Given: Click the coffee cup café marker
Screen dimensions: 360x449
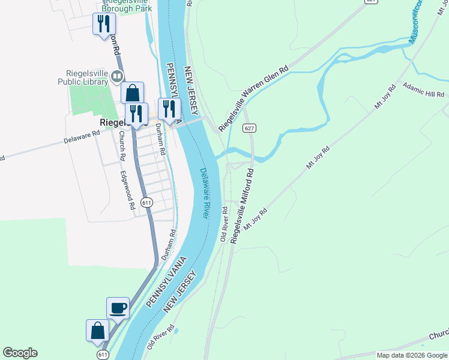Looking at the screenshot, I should pyautogui.click(x=118, y=308).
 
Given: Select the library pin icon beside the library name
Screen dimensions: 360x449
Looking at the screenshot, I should pyautogui.click(x=117, y=76).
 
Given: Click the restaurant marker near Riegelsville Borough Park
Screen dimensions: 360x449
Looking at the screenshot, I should pyautogui.click(x=104, y=24).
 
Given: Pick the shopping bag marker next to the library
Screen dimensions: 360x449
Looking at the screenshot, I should pyautogui.click(x=132, y=94).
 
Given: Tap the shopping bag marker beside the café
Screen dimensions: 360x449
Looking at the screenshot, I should pyautogui.click(x=98, y=331).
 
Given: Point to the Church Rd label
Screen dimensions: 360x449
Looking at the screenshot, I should pyautogui.click(x=122, y=145).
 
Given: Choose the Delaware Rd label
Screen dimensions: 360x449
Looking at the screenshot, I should pyautogui.click(x=82, y=139).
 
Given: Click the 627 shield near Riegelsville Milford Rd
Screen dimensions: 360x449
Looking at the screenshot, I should pyautogui.click(x=250, y=128).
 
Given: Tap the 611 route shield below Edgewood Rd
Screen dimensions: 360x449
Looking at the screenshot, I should pyautogui.click(x=146, y=203).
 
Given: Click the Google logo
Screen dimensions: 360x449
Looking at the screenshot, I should pyautogui.click(x=20, y=353).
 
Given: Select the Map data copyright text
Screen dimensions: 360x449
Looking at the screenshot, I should pyautogui.click(x=412, y=355).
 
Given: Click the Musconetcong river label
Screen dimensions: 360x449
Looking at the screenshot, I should pyautogui.click(x=415, y=24).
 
